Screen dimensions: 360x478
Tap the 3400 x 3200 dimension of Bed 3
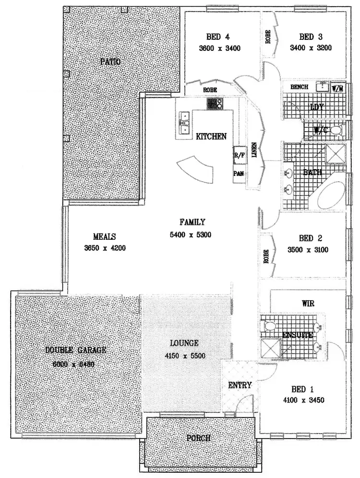[311, 48]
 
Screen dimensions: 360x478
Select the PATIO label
[110, 62]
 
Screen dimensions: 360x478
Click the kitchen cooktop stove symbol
[215, 103]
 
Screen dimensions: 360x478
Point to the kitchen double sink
[184, 122]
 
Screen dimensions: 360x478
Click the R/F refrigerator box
[239, 156]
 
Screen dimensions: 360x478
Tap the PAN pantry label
[239, 173]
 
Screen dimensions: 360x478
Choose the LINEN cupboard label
[255, 150]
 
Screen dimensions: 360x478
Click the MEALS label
[105, 237]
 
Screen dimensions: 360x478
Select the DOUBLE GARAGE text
[76, 350]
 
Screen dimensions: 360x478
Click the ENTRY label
[240, 385]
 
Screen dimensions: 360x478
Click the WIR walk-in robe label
[308, 304]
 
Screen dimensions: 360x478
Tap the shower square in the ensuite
[272, 347]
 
